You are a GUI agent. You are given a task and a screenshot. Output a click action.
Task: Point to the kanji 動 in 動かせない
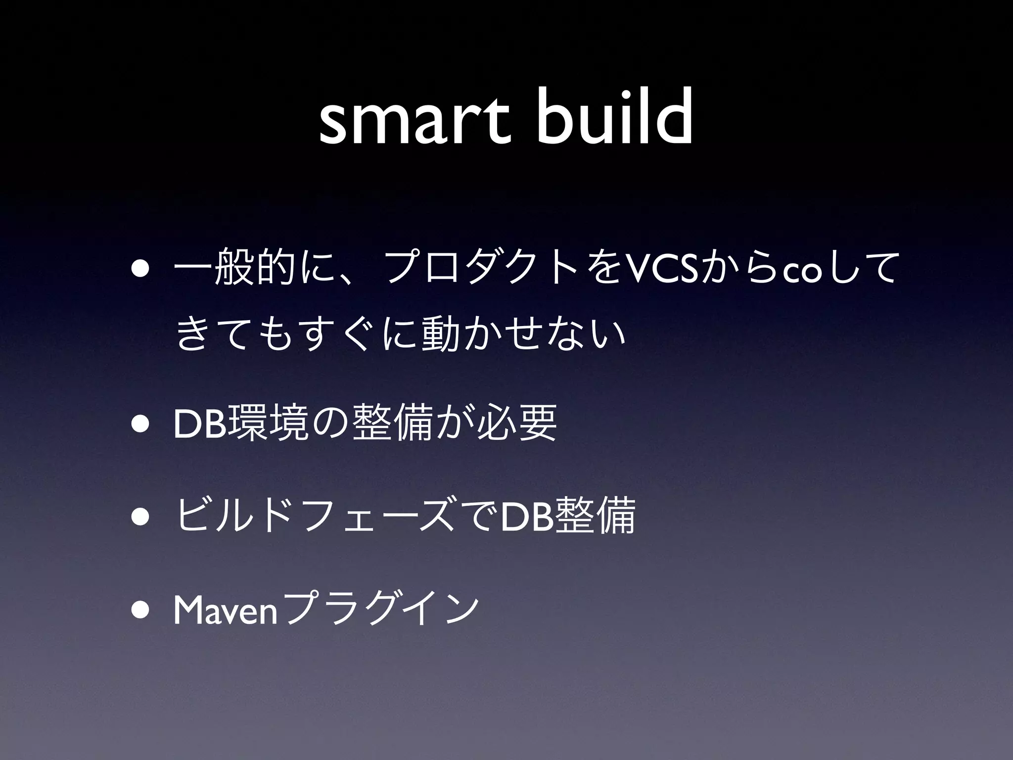437,333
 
